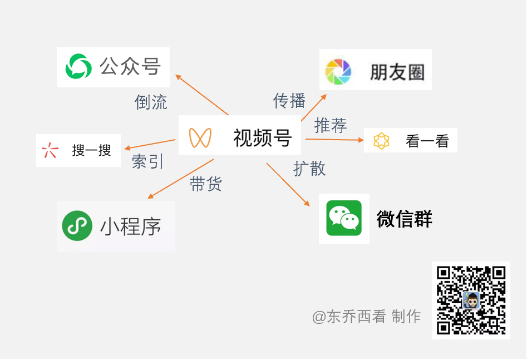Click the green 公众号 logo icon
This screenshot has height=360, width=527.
pos(78,67)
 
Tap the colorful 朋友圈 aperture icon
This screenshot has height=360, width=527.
pos(338,72)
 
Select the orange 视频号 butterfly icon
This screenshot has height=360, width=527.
pos(200,137)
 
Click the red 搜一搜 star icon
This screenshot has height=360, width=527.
pos(50,150)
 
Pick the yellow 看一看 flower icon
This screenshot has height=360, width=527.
pos(381,141)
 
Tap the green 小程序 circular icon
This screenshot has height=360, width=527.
pos(77,225)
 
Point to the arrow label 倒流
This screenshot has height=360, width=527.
pos(151,102)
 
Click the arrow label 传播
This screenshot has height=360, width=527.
pos(289,101)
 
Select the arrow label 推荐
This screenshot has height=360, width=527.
pos(331,126)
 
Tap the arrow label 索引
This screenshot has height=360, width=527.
pos(148,161)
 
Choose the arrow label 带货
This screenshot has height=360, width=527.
pos(206,185)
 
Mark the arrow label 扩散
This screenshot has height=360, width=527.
pos(309,169)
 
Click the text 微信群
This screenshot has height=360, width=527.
pos(404,219)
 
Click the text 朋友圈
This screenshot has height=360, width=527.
pos(397,72)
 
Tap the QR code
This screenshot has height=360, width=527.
pos(471,300)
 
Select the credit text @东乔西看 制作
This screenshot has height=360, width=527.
pos(366,317)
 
